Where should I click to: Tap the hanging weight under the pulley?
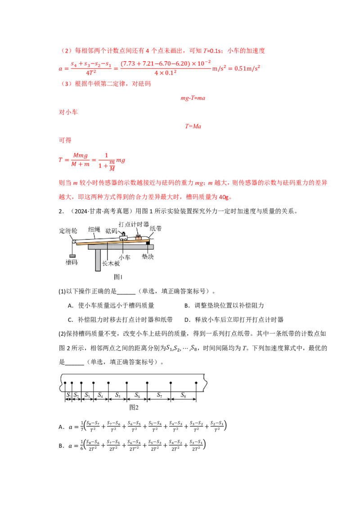(x=72, y=256)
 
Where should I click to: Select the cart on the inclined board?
(x=123, y=237)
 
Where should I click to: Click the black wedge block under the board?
(x=148, y=242)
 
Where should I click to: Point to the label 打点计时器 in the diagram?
(x=134, y=224)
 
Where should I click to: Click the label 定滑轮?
(x=68, y=231)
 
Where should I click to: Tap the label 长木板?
(x=111, y=263)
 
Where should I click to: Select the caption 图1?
(x=118, y=277)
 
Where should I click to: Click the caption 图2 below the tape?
(x=134, y=407)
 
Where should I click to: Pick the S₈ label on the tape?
(x=183, y=395)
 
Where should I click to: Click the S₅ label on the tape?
(x=117, y=395)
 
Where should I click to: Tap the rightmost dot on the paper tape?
(x=196, y=383)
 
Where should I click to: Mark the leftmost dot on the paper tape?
(x=65, y=383)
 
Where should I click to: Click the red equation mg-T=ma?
(x=193, y=98)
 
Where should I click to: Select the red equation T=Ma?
(x=193, y=126)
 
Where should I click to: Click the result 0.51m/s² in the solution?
(x=247, y=68)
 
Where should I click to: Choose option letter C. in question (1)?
(x=71, y=320)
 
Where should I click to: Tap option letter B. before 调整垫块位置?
(x=187, y=305)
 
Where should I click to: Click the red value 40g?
(x=224, y=197)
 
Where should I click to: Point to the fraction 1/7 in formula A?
(x=82, y=426)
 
